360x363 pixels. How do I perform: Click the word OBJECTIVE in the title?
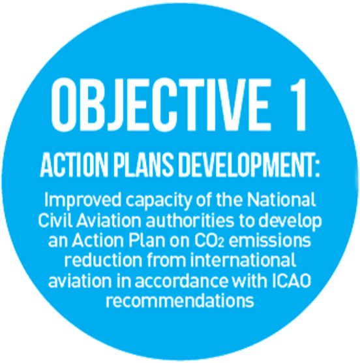click(160, 104)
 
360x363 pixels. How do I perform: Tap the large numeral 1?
click(299, 104)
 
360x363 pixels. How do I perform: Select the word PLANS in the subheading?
click(143, 165)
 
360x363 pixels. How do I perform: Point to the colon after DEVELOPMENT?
click(316, 168)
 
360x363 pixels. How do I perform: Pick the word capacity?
click(158, 201)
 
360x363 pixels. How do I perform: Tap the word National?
click(281, 200)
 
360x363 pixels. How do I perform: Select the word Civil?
click(55, 220)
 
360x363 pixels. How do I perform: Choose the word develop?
click(290, 221)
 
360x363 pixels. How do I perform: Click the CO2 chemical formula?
click(209, 240)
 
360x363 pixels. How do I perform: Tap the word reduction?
click(103, 260)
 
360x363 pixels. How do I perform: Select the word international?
click(243, 260)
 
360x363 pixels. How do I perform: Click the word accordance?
click(181, 281)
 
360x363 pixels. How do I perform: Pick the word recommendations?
click(180, 300)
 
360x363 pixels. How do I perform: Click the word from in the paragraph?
click(166, 260)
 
